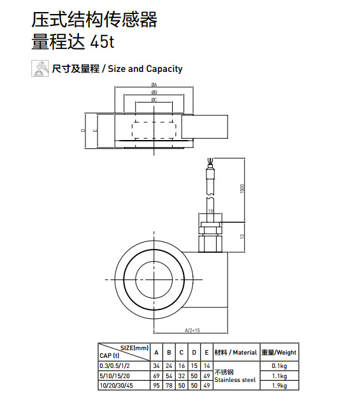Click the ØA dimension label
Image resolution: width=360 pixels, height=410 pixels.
tap(154, 85)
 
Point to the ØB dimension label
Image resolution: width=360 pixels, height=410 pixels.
tap(154, 92)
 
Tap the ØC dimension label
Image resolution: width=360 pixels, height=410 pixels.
tap(154, 100)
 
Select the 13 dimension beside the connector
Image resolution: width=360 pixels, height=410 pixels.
tap(243, 237)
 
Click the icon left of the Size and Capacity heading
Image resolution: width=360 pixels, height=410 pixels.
tap(40, 68)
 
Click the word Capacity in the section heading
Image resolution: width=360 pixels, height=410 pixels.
tap(164, 69)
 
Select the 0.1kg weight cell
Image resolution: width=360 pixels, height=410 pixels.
tap(278, 366)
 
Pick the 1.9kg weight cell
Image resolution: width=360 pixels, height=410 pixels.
tap(278, 385)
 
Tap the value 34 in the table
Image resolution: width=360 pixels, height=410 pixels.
tap(156, 366)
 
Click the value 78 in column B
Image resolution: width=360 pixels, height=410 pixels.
tap(169, 385)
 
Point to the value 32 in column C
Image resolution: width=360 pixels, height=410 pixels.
tap(181, 376)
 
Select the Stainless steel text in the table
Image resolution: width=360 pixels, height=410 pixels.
tap(235, 380)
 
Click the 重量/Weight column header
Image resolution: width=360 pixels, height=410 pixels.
tap(278, 352)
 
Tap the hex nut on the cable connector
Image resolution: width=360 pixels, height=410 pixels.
tap(210, 225)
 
